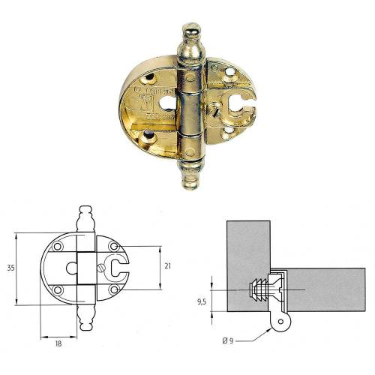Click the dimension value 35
point(7,266)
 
